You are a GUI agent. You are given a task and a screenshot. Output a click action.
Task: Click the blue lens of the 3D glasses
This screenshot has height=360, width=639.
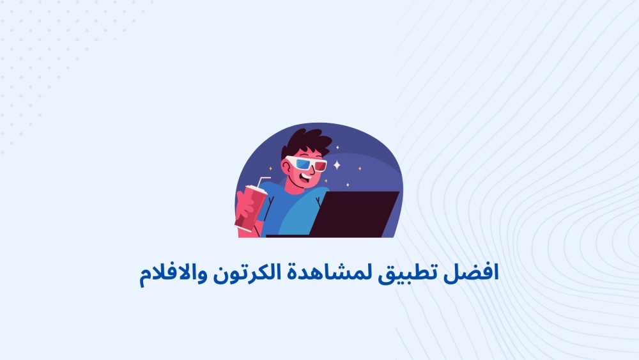click(x=303, y=164)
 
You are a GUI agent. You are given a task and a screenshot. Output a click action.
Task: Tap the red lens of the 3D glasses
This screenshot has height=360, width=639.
click(x=320, y=166)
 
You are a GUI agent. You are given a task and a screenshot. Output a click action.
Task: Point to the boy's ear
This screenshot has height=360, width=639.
click(x=286, y=167)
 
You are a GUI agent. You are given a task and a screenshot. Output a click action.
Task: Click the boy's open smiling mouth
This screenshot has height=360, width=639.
click(x=306, y=176)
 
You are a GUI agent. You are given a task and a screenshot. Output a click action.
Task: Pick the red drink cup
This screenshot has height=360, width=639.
click(x=250, y=208)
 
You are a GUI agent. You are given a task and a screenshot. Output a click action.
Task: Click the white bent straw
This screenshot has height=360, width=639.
click(x=261, y=181)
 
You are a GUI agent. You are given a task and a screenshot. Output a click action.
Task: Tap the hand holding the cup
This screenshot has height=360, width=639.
click(x=243, y=208)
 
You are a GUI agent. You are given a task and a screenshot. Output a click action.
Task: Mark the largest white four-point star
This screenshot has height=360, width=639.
click(x=337, y=165)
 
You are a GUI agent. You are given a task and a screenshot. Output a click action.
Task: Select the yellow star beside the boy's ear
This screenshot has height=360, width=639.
click(x=270, y=168)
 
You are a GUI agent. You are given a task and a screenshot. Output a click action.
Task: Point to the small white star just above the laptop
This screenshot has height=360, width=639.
click(x=348, y=185)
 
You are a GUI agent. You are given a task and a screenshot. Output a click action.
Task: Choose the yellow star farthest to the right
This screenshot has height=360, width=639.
click(x=360, y=168)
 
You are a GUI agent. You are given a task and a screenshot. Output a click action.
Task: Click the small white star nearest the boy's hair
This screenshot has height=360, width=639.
click(x=337, y=147)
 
